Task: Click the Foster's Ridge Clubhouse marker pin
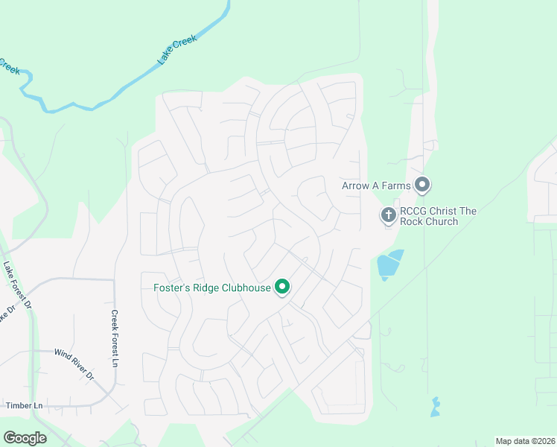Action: tap(282, 287)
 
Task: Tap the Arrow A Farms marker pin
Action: tap(423, 184)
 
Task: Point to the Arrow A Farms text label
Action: tap(376, 186)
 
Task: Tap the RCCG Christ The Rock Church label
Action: tap(438, 216)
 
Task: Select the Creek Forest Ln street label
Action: tap(115, 338)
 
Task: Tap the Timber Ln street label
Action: tap(25, 406)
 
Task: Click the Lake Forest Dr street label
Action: tap(17, 284)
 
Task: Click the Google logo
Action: tap(25, 438)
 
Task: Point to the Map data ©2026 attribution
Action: tap(524, 441)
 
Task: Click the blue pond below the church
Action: tap(389, 265)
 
